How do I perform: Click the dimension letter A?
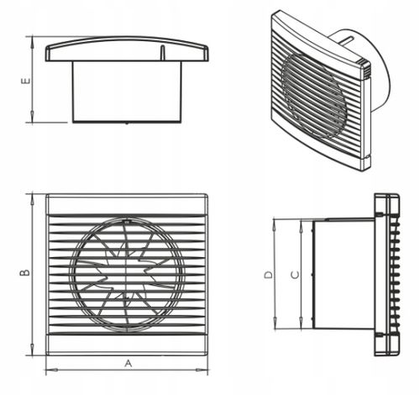128,363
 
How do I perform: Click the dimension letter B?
25,272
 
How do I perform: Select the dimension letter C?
295,275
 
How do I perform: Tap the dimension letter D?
268,275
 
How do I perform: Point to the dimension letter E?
26,81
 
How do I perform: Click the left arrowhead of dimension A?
52,370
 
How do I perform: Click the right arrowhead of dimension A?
202,370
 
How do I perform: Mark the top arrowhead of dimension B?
33,199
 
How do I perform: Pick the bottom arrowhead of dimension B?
33,350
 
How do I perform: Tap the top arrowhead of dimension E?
33,41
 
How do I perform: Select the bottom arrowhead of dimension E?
33,117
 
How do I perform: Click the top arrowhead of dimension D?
275,225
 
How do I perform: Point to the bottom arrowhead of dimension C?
301,323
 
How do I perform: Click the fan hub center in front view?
127,275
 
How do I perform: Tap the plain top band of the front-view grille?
127,205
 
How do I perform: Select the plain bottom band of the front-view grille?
127,344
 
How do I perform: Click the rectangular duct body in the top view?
127,92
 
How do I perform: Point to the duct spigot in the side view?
344,275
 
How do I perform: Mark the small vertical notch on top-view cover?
162,53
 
